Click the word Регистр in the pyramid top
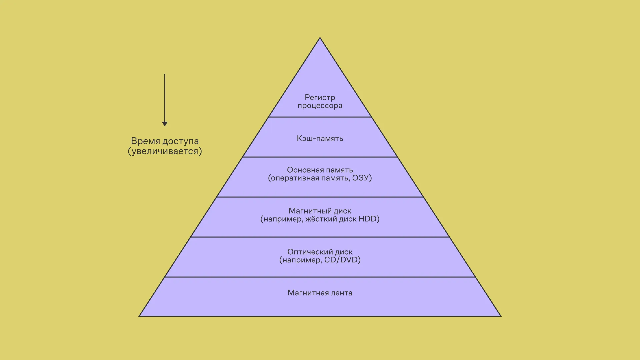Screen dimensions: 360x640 click(320, 97)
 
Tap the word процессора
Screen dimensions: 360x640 click(320, 106)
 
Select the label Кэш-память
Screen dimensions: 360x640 click(320, 138)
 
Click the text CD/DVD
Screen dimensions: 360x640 click(341, 260)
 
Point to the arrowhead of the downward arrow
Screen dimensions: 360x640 click(165, 124)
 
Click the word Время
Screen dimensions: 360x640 click(146, 141)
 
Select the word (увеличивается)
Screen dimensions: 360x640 click(165, 151)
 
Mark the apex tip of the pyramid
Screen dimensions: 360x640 click(320, 38)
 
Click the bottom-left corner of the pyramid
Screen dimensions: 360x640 click(140, 316)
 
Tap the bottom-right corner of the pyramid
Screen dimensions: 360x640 click(500, 316)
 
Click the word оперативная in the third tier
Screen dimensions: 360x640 click(293, 178)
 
